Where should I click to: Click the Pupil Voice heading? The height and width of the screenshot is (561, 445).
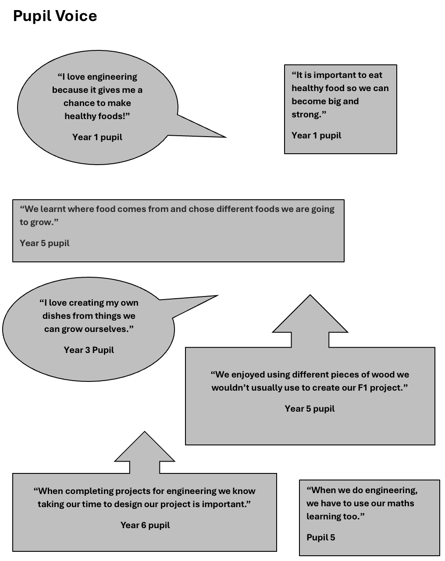click(55, 16)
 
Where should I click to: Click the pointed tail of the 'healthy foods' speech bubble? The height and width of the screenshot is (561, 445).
click(226, 137)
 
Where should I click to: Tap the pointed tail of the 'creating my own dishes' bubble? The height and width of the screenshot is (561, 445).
click(218, 296)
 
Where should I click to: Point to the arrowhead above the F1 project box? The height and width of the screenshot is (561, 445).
click(310, 314)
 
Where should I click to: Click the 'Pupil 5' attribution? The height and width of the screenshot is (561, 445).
click(321, 537)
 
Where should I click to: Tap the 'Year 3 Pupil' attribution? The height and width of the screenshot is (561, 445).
click(89, 350)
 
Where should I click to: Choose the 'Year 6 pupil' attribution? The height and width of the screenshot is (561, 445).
click(145, 525)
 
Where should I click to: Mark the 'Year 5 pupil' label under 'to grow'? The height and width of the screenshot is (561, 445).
click(45, 243)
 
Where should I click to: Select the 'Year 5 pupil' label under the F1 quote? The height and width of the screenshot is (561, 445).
click(310, 409)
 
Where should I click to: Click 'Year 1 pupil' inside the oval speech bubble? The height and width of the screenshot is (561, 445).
click(97, 137)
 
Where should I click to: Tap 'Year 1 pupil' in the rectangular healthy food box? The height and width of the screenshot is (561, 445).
click(317, 136)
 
